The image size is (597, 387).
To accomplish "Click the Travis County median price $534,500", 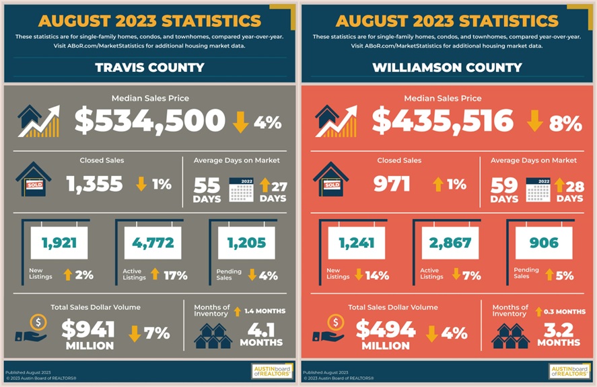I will pos(149,121).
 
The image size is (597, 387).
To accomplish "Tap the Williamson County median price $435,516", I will pos(442,121).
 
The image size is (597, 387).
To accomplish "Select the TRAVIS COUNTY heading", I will pos(149,67).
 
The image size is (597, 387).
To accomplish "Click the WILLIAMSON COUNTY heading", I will pos(447,67).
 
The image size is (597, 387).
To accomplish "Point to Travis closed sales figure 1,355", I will pos(95,184).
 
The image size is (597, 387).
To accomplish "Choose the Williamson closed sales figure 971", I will pos(391,184).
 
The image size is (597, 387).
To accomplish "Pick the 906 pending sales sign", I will pos(544,243).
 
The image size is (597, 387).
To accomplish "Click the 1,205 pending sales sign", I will pos(246,243).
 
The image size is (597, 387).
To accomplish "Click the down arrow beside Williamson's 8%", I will pos(535,122).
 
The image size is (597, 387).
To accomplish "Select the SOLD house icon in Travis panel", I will pos(33,179).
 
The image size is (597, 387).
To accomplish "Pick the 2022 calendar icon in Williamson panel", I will pos(538,189).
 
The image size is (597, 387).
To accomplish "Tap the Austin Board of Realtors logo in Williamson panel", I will pos(569,371).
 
